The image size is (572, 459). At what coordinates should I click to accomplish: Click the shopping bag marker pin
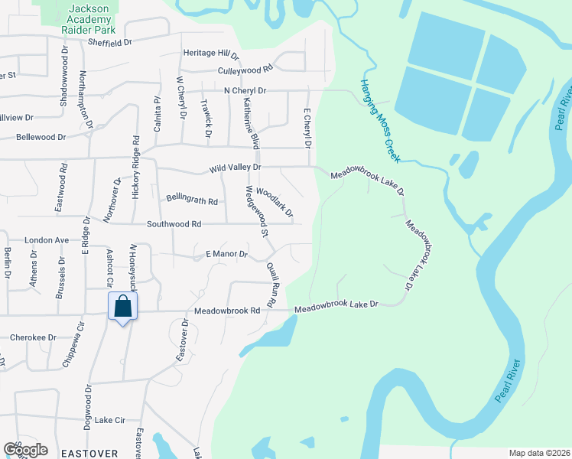(122, 308)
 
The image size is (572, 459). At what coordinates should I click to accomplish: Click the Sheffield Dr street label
(109, 43)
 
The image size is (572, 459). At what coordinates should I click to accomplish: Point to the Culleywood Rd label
(245, 69)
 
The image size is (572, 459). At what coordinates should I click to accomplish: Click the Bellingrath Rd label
(192, 200)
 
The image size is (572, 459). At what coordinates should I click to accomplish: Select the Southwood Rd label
(174, 224)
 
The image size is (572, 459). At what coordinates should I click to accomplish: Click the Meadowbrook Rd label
(227, 311)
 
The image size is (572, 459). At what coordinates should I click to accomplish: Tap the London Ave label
(47, 239)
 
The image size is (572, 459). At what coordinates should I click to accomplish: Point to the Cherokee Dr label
(33, 337)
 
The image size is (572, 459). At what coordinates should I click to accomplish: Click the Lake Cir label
(110, 420)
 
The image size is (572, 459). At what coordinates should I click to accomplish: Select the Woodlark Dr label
(275, 202)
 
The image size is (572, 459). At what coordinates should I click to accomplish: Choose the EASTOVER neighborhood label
(92, 453)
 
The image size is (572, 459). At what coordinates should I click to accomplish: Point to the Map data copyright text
(538, 453)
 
